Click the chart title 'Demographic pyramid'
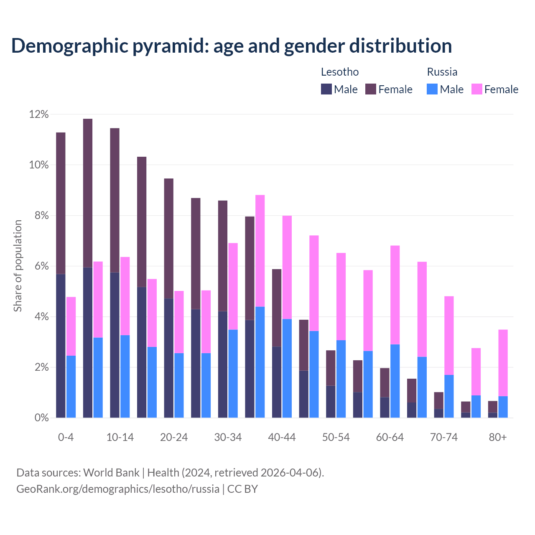point(231,46)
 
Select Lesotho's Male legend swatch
point(326,89)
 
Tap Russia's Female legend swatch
point(476,89)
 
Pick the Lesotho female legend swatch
point(371,89)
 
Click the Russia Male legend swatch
point(432,89)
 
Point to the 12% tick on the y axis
point(39,115)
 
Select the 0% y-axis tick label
point(41,418)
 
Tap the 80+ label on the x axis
point(498,438)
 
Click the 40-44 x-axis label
point(282,438)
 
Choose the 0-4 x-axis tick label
point(66,438)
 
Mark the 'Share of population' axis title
point(18,266)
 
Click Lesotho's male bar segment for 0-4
point(61,346)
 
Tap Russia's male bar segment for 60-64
point(395,381)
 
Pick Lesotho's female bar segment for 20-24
point(168,238)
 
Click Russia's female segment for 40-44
point(287,267)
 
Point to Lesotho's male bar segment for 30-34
point(222,364)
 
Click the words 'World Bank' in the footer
point(111,473)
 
